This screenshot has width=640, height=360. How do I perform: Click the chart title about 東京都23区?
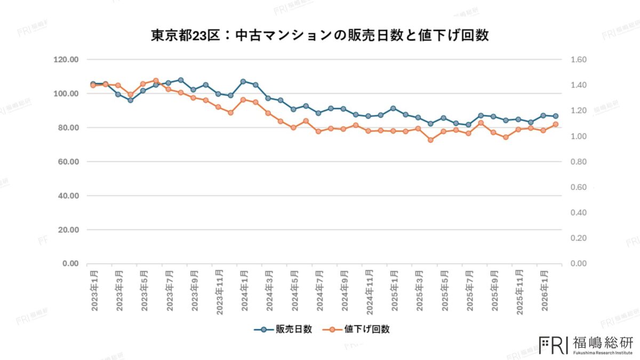[x=320, y=36]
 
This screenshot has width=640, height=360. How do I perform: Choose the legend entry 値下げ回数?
[x=367, y=329]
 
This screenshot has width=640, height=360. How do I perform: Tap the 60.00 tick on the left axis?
[x=68, y=162]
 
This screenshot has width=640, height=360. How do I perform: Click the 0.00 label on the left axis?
[x=70, y=263]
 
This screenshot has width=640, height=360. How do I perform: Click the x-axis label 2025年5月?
[x=444, y=290]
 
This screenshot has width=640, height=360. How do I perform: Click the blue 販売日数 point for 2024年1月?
[x=243, y=82]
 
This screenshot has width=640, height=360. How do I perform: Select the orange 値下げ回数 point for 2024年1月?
[x=243, y=100]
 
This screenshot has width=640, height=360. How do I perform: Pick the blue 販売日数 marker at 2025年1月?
[x=393, y=108]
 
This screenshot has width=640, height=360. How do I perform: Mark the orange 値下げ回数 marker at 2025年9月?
[x=493, y=132]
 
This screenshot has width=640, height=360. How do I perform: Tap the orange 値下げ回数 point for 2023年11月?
[x=218, y=107]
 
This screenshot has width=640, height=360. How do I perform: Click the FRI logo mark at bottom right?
[x=554, y=345]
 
